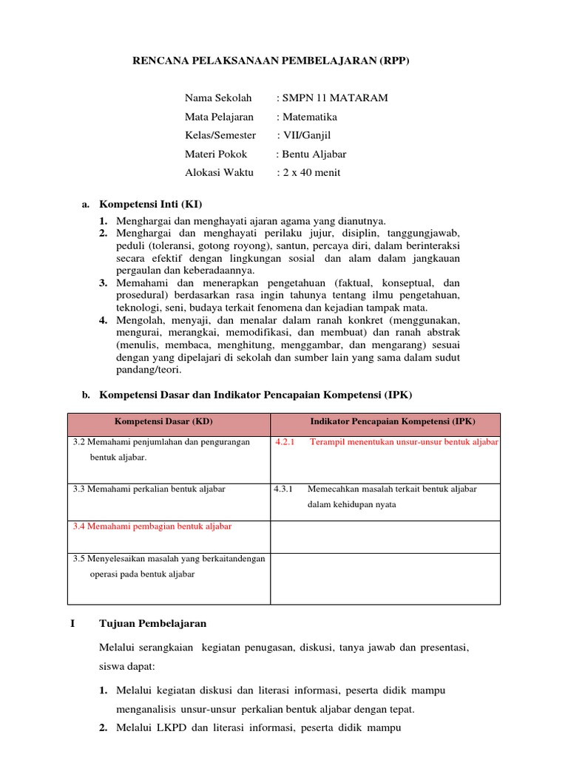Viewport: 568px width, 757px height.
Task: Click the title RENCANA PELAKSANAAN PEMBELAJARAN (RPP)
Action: [x=270, y=61]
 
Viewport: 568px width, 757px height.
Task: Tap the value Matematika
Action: [x=309, y=117]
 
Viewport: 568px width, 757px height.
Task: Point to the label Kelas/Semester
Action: [x=220, y=135]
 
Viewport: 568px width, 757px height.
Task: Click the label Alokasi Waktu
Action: [x=219, y=173]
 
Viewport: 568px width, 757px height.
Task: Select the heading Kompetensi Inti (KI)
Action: [x=150, y=204]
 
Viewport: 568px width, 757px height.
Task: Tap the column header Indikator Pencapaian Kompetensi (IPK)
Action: [x=392, y=421]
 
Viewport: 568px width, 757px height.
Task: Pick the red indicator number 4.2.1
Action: [x=285, y=442]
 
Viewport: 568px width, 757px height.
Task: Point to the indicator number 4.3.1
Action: [x=284, y=489]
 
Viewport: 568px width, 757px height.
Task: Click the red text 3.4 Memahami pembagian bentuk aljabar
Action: [x=152, y=526]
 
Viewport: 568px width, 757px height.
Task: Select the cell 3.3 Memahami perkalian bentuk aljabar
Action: [x=149, y=489]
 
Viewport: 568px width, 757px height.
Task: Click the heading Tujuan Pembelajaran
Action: [x=152, y=623]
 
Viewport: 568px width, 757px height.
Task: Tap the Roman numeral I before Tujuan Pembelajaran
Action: [x=72, y=623]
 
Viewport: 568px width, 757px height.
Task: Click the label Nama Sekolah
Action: [x=218, y=98]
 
